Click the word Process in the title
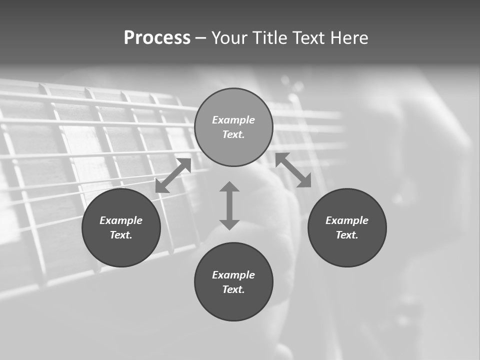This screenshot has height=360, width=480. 157,38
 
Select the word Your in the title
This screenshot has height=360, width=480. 230,38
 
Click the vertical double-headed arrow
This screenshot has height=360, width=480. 229,205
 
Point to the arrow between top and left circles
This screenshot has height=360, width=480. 173,175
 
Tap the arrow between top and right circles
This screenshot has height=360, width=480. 293,170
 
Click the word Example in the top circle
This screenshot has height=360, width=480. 233,120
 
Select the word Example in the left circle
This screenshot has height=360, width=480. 121,220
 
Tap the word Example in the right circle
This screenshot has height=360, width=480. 347,220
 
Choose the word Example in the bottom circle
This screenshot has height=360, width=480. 233,275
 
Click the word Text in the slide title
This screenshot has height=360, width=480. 309,38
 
